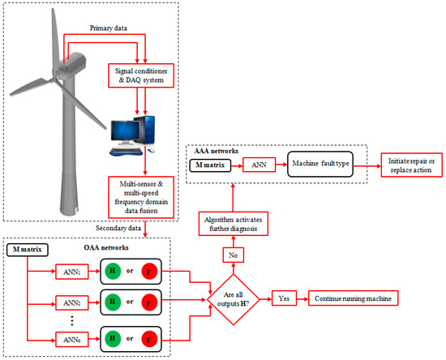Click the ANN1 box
pyautogui.click(x=74, y=270)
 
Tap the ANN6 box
pyautogui.click(x=74, y=336)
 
